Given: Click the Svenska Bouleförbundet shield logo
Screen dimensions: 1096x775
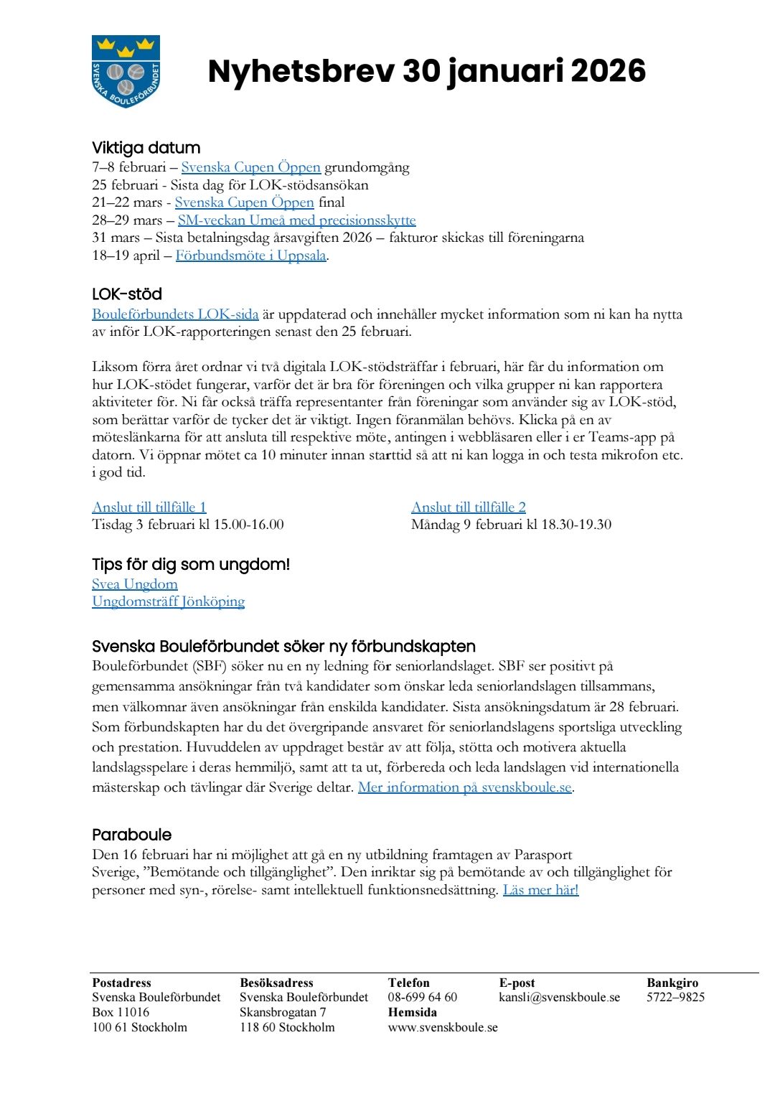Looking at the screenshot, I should (126, 71).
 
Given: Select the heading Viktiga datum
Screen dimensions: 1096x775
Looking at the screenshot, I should (146, 148).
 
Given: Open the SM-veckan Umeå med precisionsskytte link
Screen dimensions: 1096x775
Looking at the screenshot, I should (296, 220).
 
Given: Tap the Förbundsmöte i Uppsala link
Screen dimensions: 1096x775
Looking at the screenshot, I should (250, 256).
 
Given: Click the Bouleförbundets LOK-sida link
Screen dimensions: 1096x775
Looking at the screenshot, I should (175, 314).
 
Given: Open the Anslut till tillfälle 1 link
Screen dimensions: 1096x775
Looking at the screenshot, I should (149, 507).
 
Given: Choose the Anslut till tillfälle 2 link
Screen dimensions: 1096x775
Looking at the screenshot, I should (468, 507).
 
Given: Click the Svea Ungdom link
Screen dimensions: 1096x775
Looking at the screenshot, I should (135, 584).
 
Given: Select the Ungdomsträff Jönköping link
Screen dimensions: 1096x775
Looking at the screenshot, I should (168, 601).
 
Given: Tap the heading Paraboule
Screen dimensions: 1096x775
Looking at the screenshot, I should (131, 835).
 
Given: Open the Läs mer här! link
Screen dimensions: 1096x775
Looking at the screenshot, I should (540, 890).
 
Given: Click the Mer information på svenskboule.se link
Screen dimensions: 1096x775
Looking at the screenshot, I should (464, 787).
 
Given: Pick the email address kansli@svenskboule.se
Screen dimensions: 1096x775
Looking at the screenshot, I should (559, 997).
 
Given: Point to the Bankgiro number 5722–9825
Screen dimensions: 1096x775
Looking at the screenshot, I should (675, 997).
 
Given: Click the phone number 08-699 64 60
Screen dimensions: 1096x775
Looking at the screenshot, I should (422, 997).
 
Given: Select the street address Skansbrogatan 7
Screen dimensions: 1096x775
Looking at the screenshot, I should (283, 1012).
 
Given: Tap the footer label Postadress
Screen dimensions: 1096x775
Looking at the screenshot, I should (121, 983).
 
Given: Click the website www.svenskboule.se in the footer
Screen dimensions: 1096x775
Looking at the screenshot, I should (442, 1027).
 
